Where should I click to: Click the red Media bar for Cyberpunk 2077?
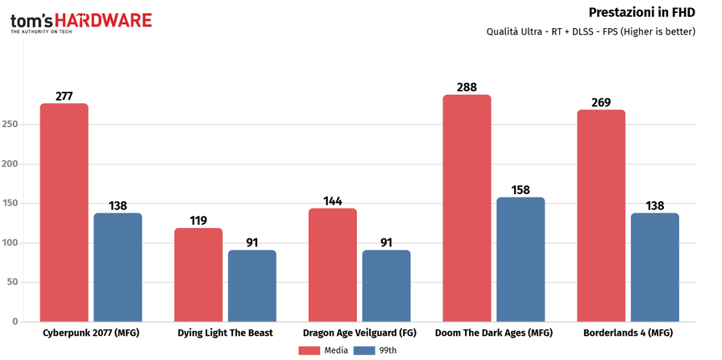click(64, 213)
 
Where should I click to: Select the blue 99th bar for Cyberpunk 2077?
click(118, 267)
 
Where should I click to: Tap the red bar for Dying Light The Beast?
click(198, 275)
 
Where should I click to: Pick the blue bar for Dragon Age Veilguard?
click(386, 286)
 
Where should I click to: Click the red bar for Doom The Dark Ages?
click(467, 208)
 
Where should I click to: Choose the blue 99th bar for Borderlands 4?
click(655, 267)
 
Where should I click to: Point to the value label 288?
click(467, 85)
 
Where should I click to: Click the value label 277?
click(64, 96)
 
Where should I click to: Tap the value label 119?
click(198, 219)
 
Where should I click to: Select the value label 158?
click(521, 190)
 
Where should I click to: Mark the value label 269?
click(600, 102)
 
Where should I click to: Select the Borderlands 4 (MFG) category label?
click(628, 333)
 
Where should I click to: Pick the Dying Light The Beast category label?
click(225, 333)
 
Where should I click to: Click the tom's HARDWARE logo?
click(81, 21)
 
